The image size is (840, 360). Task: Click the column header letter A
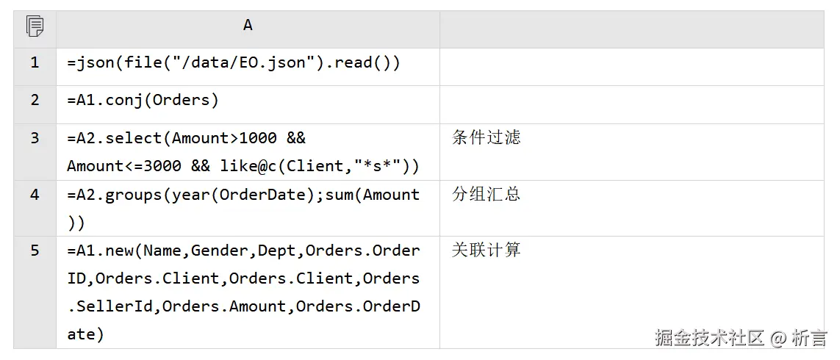coord(248,26)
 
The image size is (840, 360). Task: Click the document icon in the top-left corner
coord(35,26)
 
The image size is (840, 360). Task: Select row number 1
coord(35,63)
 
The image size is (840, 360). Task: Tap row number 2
coord(35,101)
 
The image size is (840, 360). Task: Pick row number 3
coord(35,138)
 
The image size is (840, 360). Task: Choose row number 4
coord(35,195)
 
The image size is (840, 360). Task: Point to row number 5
coord(35,251)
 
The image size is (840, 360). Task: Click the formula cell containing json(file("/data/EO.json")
coord(234,63)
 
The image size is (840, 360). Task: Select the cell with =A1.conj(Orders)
coord(143,101)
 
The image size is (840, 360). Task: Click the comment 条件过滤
coord(486,138)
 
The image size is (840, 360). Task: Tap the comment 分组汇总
coord(486,195)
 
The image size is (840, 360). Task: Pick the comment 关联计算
coord(486,251)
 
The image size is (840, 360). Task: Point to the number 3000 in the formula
coord(162,166)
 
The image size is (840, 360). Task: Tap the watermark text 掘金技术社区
coord(709,338)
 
